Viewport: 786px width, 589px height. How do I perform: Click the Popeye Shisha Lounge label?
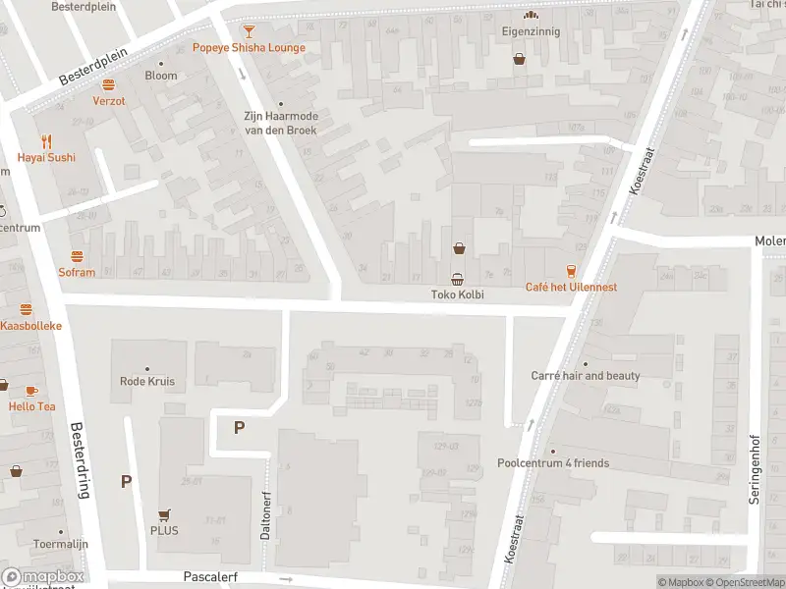[x=249, y=48]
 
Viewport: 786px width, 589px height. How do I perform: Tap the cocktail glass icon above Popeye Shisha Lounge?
[x=249, y=31]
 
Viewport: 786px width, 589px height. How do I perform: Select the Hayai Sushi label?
[x=46, y=157]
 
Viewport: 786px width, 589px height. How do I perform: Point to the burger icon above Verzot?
[x=109, y=84]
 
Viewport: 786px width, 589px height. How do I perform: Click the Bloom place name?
[x=161, y=76]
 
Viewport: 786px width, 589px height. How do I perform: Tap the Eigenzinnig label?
[x=531, y=31]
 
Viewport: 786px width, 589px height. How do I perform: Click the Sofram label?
[x=77, y=273]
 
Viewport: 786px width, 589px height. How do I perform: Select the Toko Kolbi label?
[x=458, y=294]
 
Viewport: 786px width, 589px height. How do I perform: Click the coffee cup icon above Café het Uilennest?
[x=571, y=270]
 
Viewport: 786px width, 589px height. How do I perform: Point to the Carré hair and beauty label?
[x=586, y=376]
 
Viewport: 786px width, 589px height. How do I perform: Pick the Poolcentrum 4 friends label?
[x=553, y=463]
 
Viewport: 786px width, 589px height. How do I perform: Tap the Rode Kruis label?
[x=146, y=382]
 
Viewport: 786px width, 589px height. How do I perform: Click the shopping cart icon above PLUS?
[x=164, y=514]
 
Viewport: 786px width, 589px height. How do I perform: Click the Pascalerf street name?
[x=210, y=578]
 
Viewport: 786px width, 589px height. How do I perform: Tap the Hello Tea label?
[x=32, y=406]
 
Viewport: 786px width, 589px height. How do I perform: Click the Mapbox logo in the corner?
[x=43, y=577]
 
